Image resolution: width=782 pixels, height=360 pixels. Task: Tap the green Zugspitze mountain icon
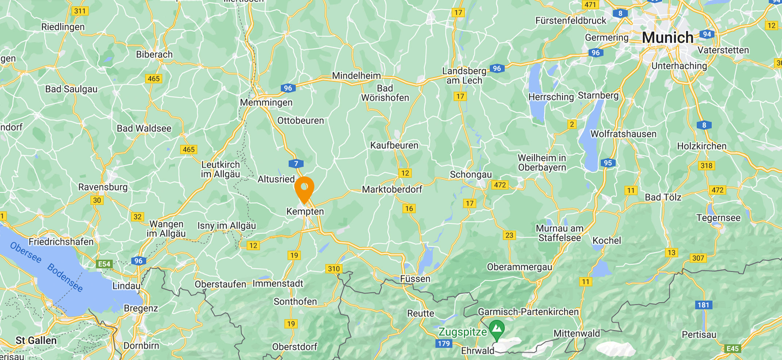click(x=497, y=329)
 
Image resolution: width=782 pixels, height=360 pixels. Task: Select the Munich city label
click(x=667, y=37)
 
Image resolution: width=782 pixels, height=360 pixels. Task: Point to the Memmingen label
click(x=266, y=103)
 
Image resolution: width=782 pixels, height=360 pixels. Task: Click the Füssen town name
click(x=415, y=279)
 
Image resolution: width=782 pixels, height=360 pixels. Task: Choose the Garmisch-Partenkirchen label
click(x=528, y=312)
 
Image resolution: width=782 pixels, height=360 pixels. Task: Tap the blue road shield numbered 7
click(x=296, y=164)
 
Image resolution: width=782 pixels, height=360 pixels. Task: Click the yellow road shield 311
click(x=80, y=11)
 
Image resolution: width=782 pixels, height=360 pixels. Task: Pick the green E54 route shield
click(x=104, y=264)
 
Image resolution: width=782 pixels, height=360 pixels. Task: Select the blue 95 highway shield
click(x=608, y=163)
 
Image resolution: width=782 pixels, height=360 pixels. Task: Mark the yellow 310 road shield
click(x=334, y=269)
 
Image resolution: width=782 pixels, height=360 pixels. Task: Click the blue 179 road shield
click(x=444, y=344)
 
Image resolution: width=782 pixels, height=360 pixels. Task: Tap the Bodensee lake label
click(x=65, y=277)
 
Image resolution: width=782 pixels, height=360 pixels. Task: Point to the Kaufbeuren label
click(x=394, y=145)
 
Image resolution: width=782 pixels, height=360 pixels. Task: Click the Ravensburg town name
click(x=103, y=187)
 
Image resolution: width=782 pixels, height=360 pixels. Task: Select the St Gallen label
click(x=36, y=341)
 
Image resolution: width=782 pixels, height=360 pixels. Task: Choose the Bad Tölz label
click(x=663, y=198)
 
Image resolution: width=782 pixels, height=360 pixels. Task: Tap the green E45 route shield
click(x=733, y=349)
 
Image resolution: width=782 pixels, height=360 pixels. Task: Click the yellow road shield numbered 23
click(x=509, y=235)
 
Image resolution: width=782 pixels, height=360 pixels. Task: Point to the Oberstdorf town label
click(x=295, y=347)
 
